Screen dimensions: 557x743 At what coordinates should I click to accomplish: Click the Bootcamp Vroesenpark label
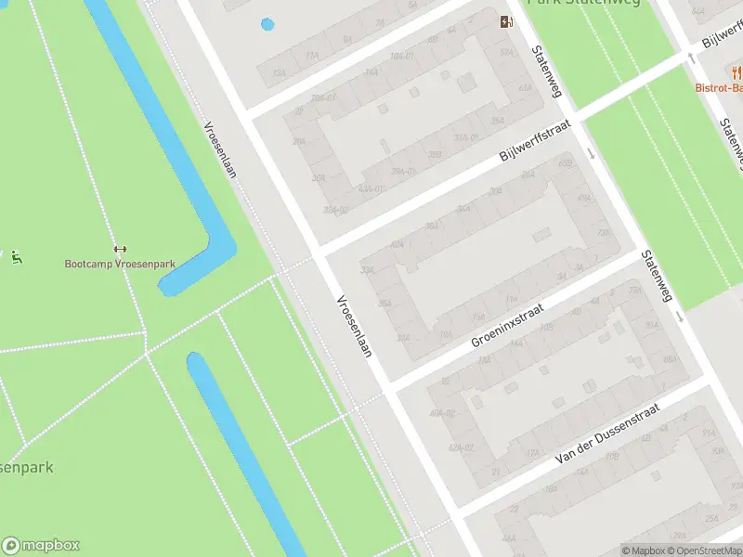click(120, 264)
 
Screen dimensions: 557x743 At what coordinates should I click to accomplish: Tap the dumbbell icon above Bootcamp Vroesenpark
click(119, 249)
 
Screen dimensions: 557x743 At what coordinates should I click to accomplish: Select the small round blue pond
click(268, 24)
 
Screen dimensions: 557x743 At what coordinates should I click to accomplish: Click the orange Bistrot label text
click(719, 88)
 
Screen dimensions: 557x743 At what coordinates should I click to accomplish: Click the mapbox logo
click(40, 546)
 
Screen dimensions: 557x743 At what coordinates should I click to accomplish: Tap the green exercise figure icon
click(17, 257)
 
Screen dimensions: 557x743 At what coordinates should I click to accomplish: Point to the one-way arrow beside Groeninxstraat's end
click(681, 318)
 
